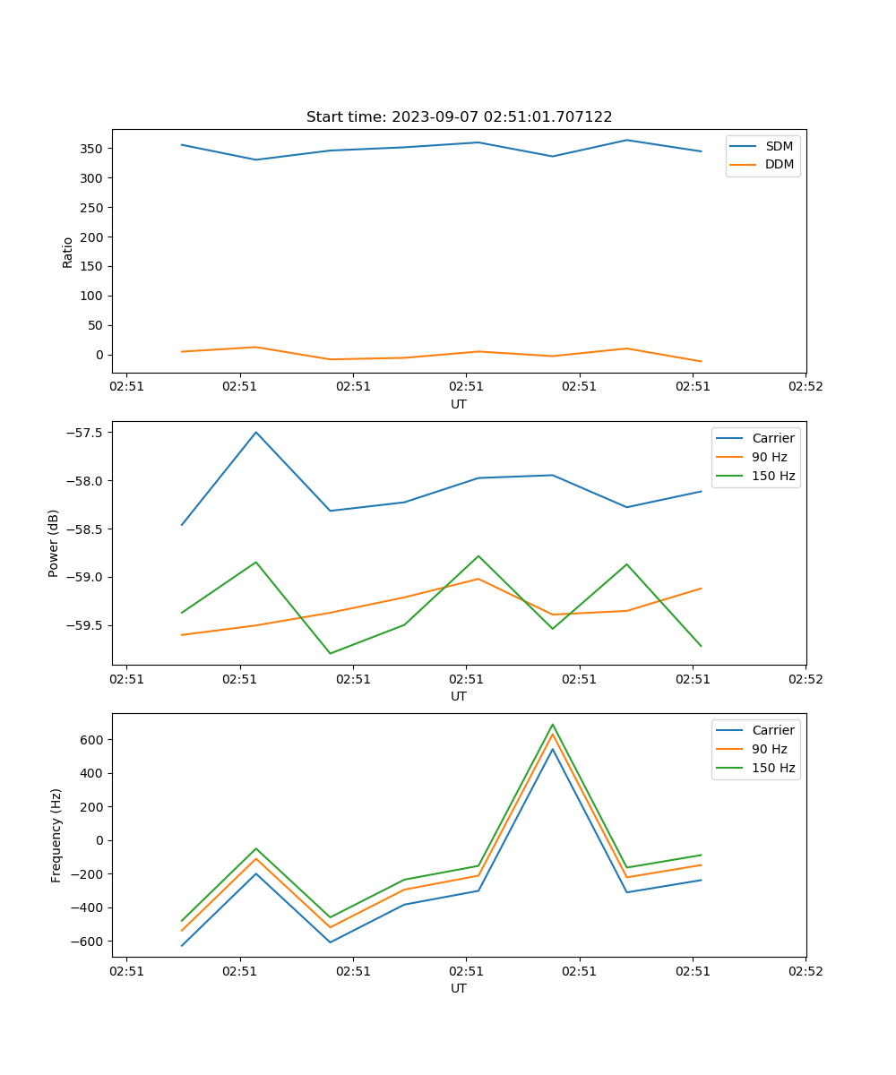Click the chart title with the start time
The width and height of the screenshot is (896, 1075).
(x=459, y=117)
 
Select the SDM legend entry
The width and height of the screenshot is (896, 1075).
(x=779, y=146)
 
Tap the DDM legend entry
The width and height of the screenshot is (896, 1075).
(x=779, y=165)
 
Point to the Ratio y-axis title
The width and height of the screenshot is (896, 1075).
(x=68, y=252)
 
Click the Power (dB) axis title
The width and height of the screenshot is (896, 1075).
(x=54, y=543)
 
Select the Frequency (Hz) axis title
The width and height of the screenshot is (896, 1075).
(x=56, y=835)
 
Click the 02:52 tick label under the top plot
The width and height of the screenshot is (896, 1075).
(x=805, y=386)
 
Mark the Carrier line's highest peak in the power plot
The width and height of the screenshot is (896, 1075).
(x=256, y=433)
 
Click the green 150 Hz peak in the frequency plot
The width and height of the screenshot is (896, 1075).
(x=553, y=725)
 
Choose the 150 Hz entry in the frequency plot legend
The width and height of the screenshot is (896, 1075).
(x=772, y=768)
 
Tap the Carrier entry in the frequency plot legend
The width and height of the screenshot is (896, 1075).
(x=772, y=730)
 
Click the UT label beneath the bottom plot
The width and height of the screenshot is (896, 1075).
(x=459, y=988)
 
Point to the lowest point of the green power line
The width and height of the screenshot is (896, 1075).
(x=331, y=653)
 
